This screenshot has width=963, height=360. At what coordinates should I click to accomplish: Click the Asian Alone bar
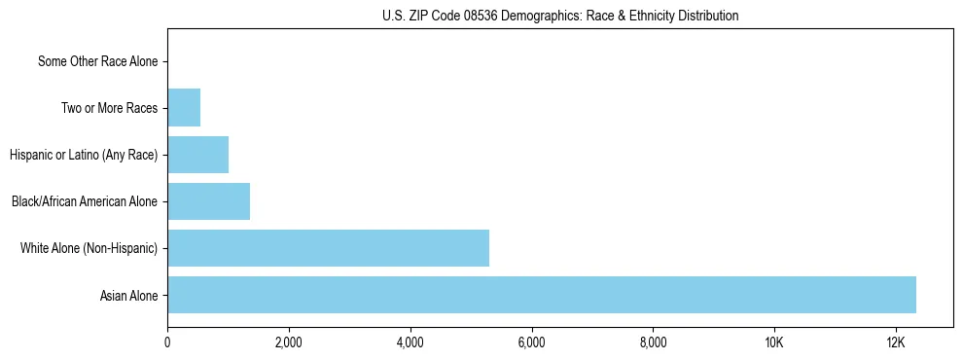542,295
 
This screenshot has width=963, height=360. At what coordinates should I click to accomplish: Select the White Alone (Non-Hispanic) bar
328,248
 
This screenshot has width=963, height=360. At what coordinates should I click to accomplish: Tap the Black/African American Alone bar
208,201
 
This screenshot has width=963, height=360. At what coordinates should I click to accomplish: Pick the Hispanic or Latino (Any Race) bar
197,155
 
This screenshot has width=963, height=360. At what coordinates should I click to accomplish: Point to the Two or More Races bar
184,108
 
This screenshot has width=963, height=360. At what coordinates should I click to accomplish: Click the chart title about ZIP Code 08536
560,16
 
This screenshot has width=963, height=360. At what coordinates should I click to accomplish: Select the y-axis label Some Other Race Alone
98,61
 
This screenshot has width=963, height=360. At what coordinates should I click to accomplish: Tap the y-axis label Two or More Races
109,108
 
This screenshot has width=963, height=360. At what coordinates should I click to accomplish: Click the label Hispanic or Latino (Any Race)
84,155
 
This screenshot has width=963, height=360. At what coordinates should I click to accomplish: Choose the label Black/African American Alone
85,201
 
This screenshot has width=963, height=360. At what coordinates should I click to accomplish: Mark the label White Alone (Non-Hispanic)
89,248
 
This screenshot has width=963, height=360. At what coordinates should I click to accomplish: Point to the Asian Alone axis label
128,295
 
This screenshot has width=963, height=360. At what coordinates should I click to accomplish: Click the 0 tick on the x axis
167,343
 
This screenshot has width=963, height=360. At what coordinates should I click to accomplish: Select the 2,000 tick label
289,343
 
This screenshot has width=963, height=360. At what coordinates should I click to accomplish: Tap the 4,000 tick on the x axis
410,343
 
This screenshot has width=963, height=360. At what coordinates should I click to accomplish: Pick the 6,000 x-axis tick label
531,343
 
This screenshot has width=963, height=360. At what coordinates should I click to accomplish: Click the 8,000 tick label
653,343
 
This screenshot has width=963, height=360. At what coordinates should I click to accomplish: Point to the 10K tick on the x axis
774,343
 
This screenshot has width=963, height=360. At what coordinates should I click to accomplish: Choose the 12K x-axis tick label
896,343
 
